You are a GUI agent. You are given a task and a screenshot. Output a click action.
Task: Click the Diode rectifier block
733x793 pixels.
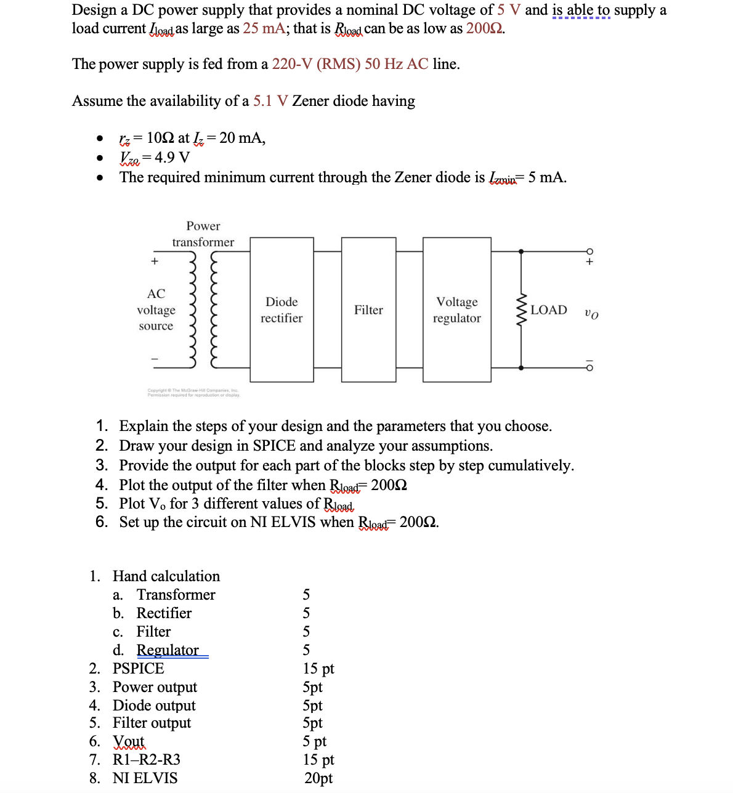click(x=281, y=310)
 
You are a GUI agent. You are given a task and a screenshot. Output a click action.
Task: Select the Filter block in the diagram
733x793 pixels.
click(x=368, y=310)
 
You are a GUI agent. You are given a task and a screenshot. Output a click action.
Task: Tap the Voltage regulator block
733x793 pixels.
click(x=456, y=310)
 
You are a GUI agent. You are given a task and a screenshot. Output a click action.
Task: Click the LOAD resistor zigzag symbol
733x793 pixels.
click(x=522, y=310)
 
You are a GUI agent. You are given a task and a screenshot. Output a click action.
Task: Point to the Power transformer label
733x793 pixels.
click(x=203, y=234)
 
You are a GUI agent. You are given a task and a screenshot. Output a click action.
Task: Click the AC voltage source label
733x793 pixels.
click(x=156, y=310)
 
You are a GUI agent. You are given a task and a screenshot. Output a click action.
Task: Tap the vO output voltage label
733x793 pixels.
click(x=591, y=313)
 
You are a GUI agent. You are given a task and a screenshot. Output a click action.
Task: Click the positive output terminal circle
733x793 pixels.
click(x=589, y=251)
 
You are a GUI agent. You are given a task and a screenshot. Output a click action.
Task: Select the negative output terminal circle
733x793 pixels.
click(x=589, y=368)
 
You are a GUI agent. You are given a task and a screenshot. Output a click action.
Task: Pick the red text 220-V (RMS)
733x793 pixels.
click(x=316, y=64)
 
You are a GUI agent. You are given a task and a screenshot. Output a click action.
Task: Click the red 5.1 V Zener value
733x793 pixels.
click(x=270, y=101)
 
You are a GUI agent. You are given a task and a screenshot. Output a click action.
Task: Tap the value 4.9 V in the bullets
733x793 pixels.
click(x=172, y=158)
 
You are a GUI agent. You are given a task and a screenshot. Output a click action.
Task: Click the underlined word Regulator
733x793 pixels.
click(x=168, y=650)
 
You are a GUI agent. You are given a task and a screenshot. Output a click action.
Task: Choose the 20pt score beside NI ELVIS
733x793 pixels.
click(x=318, y=778)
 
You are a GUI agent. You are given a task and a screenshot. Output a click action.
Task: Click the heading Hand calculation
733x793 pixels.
click(x=166, y=576)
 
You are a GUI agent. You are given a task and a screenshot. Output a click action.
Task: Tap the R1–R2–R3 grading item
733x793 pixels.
click(x=147, y=760)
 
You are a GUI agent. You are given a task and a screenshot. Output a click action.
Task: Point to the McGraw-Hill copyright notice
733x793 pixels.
click(x=193, y=392)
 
